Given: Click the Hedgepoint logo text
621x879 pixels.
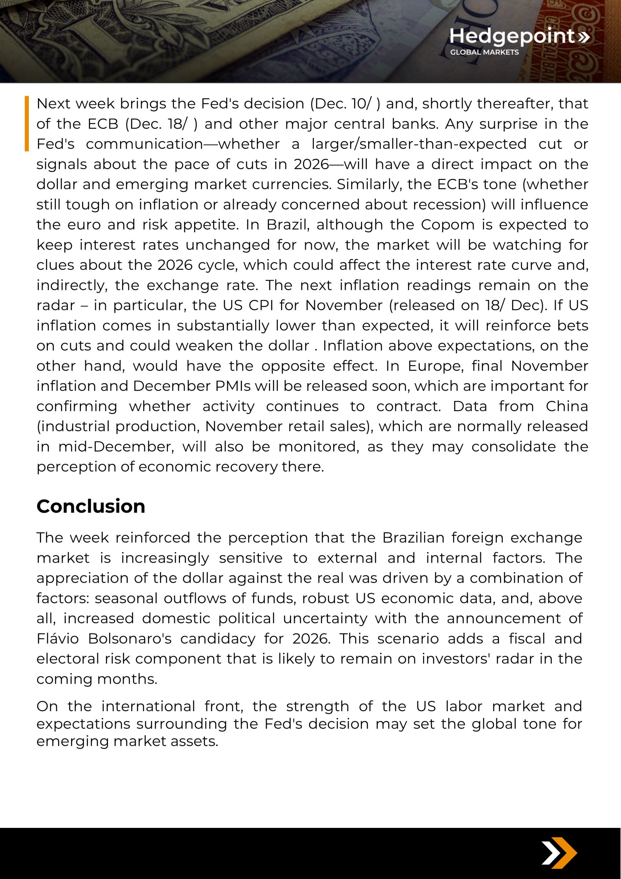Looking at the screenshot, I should pyautogui.click(x=512, y=36).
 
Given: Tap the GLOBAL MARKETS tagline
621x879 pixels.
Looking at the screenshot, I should pyautogui.click(x=484, y=52).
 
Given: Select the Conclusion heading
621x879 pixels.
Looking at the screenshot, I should pyautogui.click(x=91, y=506).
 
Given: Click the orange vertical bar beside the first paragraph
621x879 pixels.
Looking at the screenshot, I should pyautogui.click(x=27, y=123).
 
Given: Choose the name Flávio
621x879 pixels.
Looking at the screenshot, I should pyautogui.click(x=58, y=639).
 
